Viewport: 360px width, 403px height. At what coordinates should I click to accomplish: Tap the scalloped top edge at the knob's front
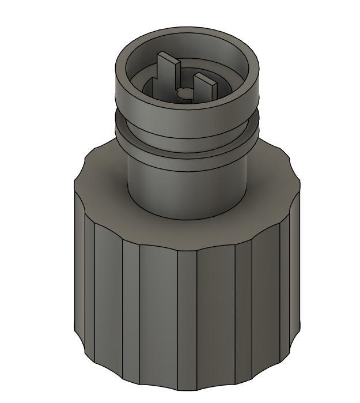click(187, 252)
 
